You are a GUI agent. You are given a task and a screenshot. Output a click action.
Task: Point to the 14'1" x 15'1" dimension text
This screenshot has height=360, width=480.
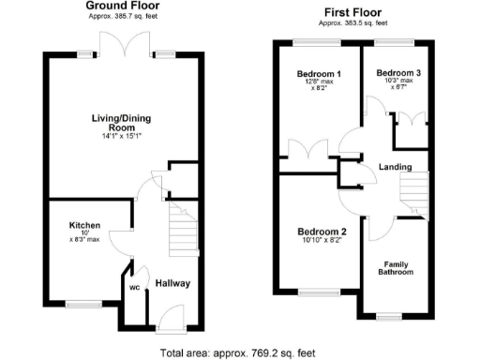click(120, 137)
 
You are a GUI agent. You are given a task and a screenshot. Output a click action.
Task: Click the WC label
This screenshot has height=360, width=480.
click(135, 289)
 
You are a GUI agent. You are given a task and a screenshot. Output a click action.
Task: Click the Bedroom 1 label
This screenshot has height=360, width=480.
click(319, 74)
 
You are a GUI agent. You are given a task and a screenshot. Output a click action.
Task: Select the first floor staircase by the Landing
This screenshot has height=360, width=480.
click(412, 195)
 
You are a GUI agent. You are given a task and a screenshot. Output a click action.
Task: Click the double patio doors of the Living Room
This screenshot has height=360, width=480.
click(125, 46)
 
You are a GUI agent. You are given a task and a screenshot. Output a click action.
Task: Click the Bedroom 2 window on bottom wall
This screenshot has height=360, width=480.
click(317, 293)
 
